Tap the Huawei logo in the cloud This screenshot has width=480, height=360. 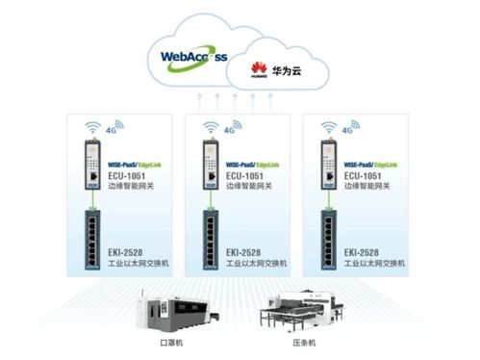[x=257, y=68]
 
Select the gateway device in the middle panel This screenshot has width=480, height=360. [x=208, y=163]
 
